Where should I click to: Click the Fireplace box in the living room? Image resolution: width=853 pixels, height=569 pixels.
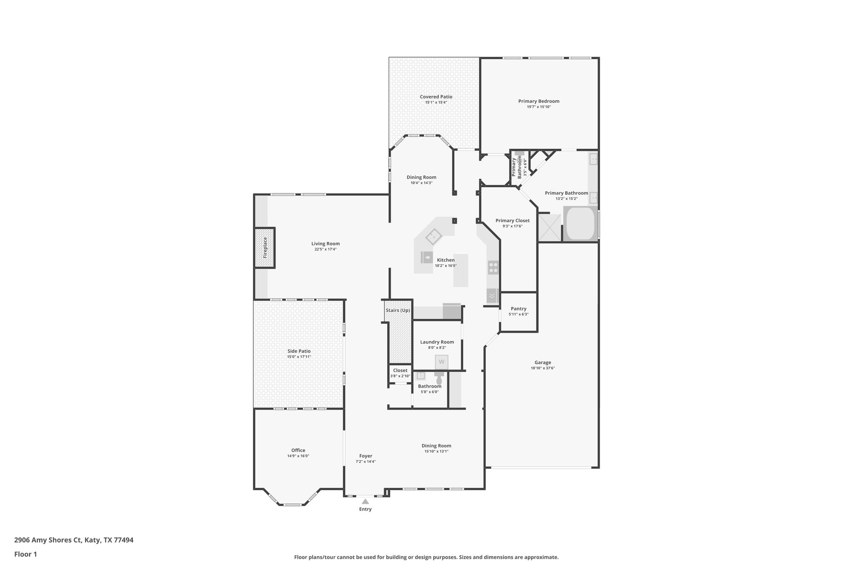pos(264,248)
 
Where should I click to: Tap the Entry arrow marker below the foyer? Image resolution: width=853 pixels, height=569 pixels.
pos(365,501)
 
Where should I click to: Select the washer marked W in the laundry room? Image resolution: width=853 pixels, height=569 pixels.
pos(441,362)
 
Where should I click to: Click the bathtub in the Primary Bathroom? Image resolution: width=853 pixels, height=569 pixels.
pos(581,224)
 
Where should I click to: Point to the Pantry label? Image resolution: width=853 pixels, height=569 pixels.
pos(519,309)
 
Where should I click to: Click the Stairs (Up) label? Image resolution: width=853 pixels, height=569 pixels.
pos(398,311)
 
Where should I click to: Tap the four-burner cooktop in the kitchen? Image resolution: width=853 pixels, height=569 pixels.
pos(493,267)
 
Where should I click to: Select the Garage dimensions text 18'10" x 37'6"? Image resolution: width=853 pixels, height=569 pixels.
pos(543,368)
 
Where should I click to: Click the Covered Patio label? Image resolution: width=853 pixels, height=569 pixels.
pos(436,97)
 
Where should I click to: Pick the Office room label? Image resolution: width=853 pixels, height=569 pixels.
pos(298,450)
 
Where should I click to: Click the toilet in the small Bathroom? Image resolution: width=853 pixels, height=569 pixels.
pos(439,379)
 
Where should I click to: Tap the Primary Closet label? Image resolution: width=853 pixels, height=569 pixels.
pos(512,221)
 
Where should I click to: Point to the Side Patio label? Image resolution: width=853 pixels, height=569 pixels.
pos(299,351)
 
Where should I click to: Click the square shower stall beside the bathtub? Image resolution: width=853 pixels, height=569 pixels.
pos(549,228)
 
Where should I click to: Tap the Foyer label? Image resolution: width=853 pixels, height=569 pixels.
pos(366,456)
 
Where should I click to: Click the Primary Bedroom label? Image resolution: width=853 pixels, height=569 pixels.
pos(539,101)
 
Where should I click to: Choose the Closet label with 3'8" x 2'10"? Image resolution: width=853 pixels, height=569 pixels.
pos(400,371)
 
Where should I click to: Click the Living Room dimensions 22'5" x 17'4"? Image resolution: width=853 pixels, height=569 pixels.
pos(325,249)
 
